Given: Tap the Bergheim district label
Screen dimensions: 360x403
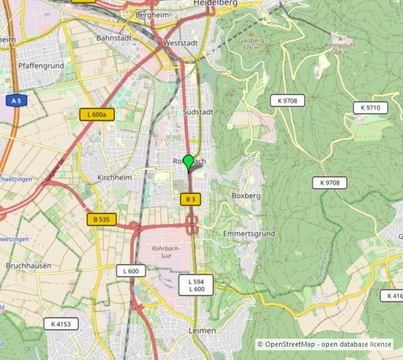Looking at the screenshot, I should coord(152,15).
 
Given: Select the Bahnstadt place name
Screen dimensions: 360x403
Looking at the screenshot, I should coord(114,38).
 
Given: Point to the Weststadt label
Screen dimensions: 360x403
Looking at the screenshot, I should coord(180,44).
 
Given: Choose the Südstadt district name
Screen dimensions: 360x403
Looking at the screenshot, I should coord(198,112).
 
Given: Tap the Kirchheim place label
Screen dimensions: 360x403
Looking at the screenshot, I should coord(114,178).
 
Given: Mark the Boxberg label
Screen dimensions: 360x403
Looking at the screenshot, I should coord(246,196).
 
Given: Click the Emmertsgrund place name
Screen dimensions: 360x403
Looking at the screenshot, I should coord(249,234).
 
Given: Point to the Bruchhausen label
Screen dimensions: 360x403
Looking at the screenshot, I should coord(29,266).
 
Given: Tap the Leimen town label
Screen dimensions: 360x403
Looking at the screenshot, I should coord(202,330).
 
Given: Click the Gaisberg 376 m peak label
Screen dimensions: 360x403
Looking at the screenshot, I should coord(251,44).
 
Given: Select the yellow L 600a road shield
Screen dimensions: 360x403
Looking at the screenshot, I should coord(96,114).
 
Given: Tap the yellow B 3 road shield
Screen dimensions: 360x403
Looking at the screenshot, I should coord(191,200).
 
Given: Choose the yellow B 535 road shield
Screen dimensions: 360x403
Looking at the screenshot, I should coord(101,220).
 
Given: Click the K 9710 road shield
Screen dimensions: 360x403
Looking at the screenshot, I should coord(370,108).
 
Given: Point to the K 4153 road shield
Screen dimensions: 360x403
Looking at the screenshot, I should coord(61,324).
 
